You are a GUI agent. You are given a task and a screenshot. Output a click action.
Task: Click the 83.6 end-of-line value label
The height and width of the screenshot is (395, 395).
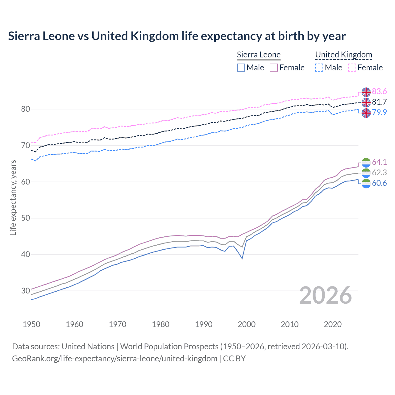[x=379, y=92]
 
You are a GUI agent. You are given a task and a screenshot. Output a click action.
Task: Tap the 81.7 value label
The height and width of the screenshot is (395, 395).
[x=379, y=102]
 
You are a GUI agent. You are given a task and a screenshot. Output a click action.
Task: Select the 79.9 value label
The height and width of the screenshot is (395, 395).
[x=379, y=112]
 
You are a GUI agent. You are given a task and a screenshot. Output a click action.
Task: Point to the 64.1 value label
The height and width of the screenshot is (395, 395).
[x=379, y=162]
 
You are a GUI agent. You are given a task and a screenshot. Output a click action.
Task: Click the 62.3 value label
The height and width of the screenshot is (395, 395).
[x=379, y=173]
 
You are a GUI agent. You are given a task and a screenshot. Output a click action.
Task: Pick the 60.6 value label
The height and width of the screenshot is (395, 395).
[x=379, y=183]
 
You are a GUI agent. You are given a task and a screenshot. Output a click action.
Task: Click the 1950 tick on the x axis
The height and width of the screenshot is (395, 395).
[x=31, y=324]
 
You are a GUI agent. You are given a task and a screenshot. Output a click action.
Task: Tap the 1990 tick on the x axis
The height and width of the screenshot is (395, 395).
[x=204, y=324]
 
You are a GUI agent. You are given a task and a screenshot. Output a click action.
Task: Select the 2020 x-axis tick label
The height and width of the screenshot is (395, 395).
[x=333, y=324]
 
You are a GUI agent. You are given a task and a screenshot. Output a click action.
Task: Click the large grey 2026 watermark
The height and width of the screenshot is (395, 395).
[x=326, y=296]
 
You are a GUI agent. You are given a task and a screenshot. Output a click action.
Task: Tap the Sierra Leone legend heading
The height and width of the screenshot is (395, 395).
[x=259, y=55]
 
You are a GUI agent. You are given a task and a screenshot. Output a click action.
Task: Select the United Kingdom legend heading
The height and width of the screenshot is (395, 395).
[x=343, y=55]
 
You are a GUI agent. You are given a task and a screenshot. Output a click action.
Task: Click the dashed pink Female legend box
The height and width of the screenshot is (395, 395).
[x=352, y=68]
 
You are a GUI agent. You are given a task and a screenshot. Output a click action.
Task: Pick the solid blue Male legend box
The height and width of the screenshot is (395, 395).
[x=241, y=68]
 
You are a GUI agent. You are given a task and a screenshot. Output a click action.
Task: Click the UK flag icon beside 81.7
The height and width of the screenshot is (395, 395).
[x=366, y=102]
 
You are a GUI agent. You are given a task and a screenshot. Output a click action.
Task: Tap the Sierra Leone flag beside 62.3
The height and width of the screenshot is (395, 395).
[x=366, y=173]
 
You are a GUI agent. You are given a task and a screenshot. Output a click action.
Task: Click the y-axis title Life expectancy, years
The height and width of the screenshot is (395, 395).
[x=13, y=197]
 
